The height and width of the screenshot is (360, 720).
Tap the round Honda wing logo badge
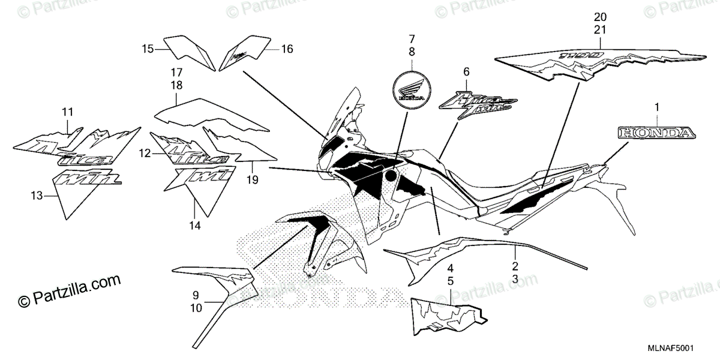click(x=412, y=91)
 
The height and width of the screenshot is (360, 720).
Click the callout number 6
click(x=466, y=72)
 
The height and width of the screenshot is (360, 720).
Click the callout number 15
click(x=148, y=49)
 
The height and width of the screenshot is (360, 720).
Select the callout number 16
click(x=287, y=49)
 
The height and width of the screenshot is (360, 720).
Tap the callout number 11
click(x=67, y=112)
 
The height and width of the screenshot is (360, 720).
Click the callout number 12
click(x=143, y=154)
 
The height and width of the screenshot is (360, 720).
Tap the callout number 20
click(x=601, y=16)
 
